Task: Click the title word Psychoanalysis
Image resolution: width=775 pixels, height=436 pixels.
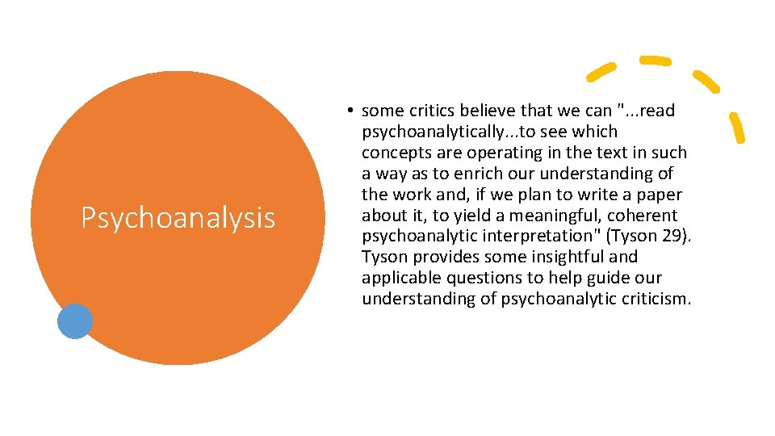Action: click(x=178, y=218)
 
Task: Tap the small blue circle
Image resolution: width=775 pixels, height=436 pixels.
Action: click(x=75, y=321)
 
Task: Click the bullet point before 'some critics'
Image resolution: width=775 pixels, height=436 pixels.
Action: click(x=352, y=111)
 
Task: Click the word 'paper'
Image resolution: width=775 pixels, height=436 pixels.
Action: click(x=658, y=195)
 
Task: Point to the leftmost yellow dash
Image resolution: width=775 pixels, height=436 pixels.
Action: click(x=602, y=72)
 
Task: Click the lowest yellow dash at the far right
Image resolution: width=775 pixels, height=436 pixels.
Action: click(x=737, y=128)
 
